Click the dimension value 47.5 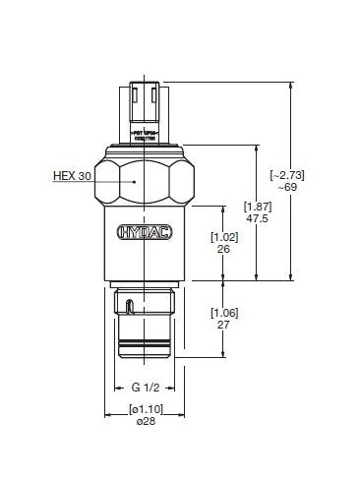tap(257, 219)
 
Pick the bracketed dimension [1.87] tap(257, 207)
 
